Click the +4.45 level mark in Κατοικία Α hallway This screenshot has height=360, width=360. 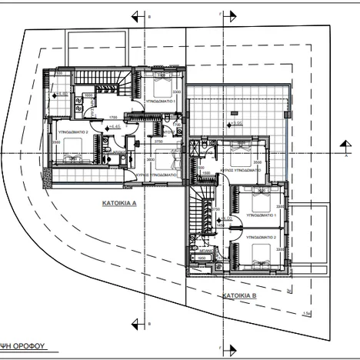coord(115,128)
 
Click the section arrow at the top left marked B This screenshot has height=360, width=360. coord(136,15)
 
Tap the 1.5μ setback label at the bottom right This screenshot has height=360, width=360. coord(306,312)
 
